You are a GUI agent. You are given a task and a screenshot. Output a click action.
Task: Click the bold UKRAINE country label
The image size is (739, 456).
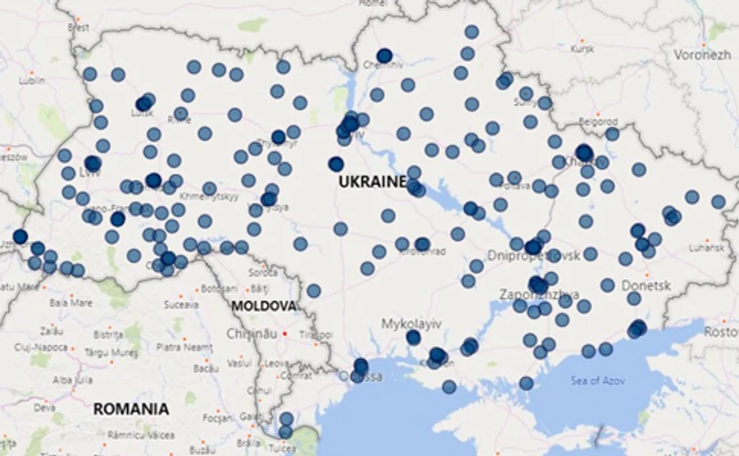372,182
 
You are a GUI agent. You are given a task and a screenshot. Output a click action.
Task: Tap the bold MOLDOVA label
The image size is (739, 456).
263,306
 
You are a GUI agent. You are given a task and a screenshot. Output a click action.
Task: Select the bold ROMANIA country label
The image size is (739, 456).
131,408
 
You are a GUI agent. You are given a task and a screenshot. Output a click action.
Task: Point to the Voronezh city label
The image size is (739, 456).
702,55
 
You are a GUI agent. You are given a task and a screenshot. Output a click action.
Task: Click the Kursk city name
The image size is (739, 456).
582,48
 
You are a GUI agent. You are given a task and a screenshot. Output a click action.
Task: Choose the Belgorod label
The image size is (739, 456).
598,121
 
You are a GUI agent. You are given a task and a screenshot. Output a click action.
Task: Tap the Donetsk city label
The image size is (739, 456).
646,285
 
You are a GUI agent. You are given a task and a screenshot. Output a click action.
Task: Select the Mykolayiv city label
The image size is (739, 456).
413,324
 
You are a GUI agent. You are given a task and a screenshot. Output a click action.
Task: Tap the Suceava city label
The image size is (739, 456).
181,304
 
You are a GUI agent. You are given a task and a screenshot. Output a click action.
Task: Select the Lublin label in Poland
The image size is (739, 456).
32,81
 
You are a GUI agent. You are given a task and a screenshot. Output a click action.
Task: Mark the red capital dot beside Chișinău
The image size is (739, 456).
284,334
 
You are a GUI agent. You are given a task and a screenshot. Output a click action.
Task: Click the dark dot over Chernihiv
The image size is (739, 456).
384,56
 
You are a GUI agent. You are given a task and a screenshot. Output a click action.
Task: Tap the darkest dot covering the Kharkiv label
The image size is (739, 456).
584,152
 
